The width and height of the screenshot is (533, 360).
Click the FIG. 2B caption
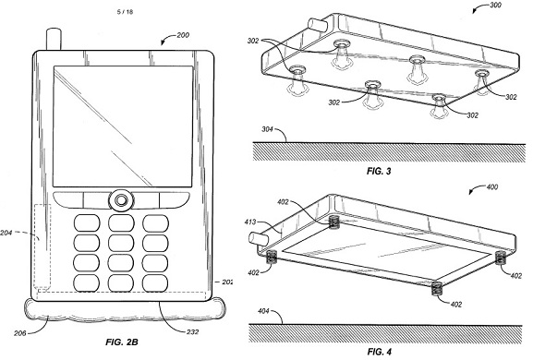point(122,342)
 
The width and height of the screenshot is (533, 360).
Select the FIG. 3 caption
point(379,171)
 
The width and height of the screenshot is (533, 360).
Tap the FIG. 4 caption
point(379,352)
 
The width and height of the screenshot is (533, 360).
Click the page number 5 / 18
point(125,12)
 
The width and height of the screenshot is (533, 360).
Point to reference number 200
point(183,35)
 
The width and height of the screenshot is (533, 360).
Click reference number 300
point(495,6)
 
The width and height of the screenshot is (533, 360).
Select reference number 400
point(491,186)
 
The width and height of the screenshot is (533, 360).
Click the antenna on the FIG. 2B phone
point(55,40)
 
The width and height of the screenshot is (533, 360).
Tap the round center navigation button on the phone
point(121,200)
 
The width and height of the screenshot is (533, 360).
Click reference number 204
point(6,233)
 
